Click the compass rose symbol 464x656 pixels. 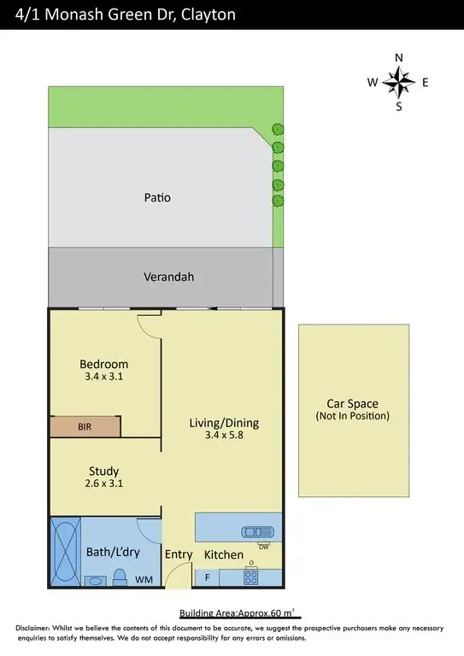(398, 82)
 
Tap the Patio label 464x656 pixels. (156, 197)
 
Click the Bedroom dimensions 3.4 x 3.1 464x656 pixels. (104, 376)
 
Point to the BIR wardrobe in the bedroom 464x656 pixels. (84, 425)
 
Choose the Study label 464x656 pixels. (103, 471)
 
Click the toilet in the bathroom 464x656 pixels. (121, 576)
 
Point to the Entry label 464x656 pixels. (179, 555)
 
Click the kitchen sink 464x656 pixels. (257, 531)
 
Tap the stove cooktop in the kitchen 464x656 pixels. (251, 577)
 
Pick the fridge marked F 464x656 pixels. (207, 577)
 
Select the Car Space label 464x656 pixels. (352, 404)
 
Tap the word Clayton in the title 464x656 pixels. (205, 15)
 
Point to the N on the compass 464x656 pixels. (398, 58)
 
